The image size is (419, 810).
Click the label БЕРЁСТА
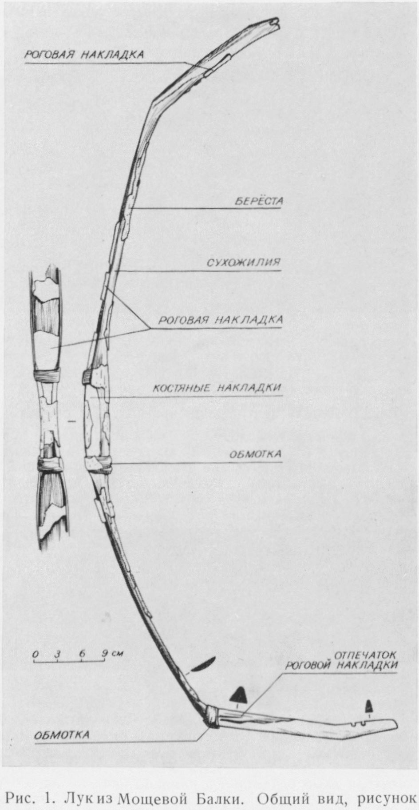coord(259,201)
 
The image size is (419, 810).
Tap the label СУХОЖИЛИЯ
coord(244,262)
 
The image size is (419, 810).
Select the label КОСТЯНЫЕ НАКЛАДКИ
coord(217,387)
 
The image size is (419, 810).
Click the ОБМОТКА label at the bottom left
coord(62,735)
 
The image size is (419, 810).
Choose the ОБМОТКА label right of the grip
coord(255,455)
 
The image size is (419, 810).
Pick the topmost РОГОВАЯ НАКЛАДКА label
coord(84,55)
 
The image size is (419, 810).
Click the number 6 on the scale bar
coord(82,654)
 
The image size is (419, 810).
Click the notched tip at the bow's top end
coord(275,21)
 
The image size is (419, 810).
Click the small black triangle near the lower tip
coord(368,693)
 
